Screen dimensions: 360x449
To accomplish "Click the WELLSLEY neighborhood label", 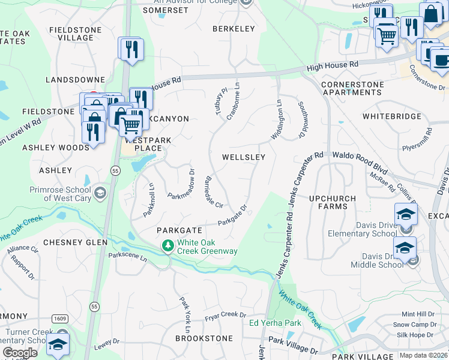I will pos(244,157).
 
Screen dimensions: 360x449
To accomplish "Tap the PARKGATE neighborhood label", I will pos(177,230).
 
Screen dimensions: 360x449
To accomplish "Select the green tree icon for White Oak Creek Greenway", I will pos(168,246).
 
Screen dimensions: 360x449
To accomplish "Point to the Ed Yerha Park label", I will pos(275,323).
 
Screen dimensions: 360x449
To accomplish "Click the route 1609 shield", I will pos(59,318).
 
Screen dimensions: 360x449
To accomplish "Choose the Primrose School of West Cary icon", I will pos(100,193).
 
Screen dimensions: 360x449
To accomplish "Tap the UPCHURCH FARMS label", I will pos(332,202).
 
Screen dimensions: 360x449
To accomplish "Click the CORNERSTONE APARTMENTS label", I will pos(352,89).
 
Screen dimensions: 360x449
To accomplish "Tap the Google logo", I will pos(20,353).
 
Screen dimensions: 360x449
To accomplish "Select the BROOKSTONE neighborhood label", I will pos(203,338).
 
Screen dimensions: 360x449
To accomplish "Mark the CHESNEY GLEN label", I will pos(75,242).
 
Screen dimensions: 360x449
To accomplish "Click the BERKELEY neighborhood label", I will pos(234,29).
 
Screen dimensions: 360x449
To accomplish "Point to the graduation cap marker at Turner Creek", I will pos(58,344).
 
